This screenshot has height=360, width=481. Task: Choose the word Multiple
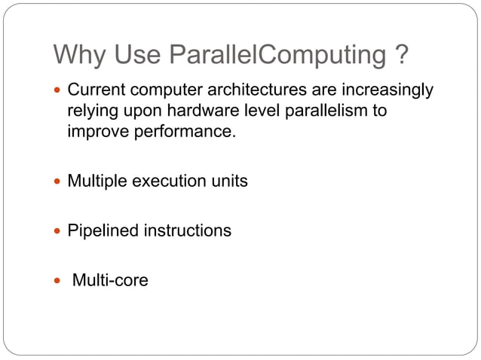tap(97, 182)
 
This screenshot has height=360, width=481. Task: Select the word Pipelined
tap(100, 231)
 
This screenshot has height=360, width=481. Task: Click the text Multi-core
tap(110, 281)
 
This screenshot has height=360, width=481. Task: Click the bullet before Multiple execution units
tap(59, 182)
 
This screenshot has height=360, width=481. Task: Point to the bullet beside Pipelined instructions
tap(59, 231)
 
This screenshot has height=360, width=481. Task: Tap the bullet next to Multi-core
tap(59, 281)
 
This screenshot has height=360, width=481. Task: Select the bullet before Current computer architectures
tap(59, 91)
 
